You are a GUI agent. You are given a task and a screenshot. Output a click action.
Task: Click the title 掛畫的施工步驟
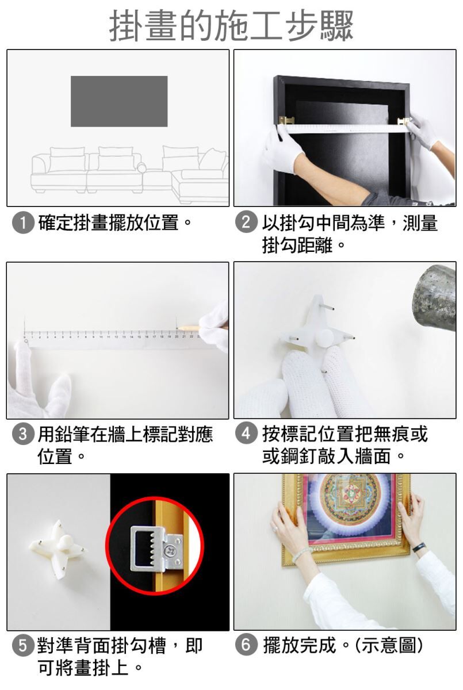231,26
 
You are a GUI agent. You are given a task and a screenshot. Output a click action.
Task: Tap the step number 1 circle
23,223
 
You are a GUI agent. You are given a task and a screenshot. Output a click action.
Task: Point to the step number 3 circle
22,434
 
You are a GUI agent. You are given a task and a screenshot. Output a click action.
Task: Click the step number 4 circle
246,434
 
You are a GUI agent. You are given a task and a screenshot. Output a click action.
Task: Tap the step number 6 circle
246,645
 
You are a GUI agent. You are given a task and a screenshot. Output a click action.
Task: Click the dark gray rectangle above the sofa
119,101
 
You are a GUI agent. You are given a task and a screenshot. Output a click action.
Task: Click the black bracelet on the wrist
419,547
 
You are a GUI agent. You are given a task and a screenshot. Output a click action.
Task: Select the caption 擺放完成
299,645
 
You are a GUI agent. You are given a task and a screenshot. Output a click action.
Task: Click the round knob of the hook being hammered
324,338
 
